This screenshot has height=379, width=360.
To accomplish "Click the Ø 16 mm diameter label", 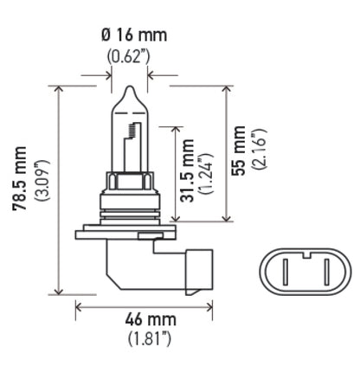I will click(133, 35).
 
